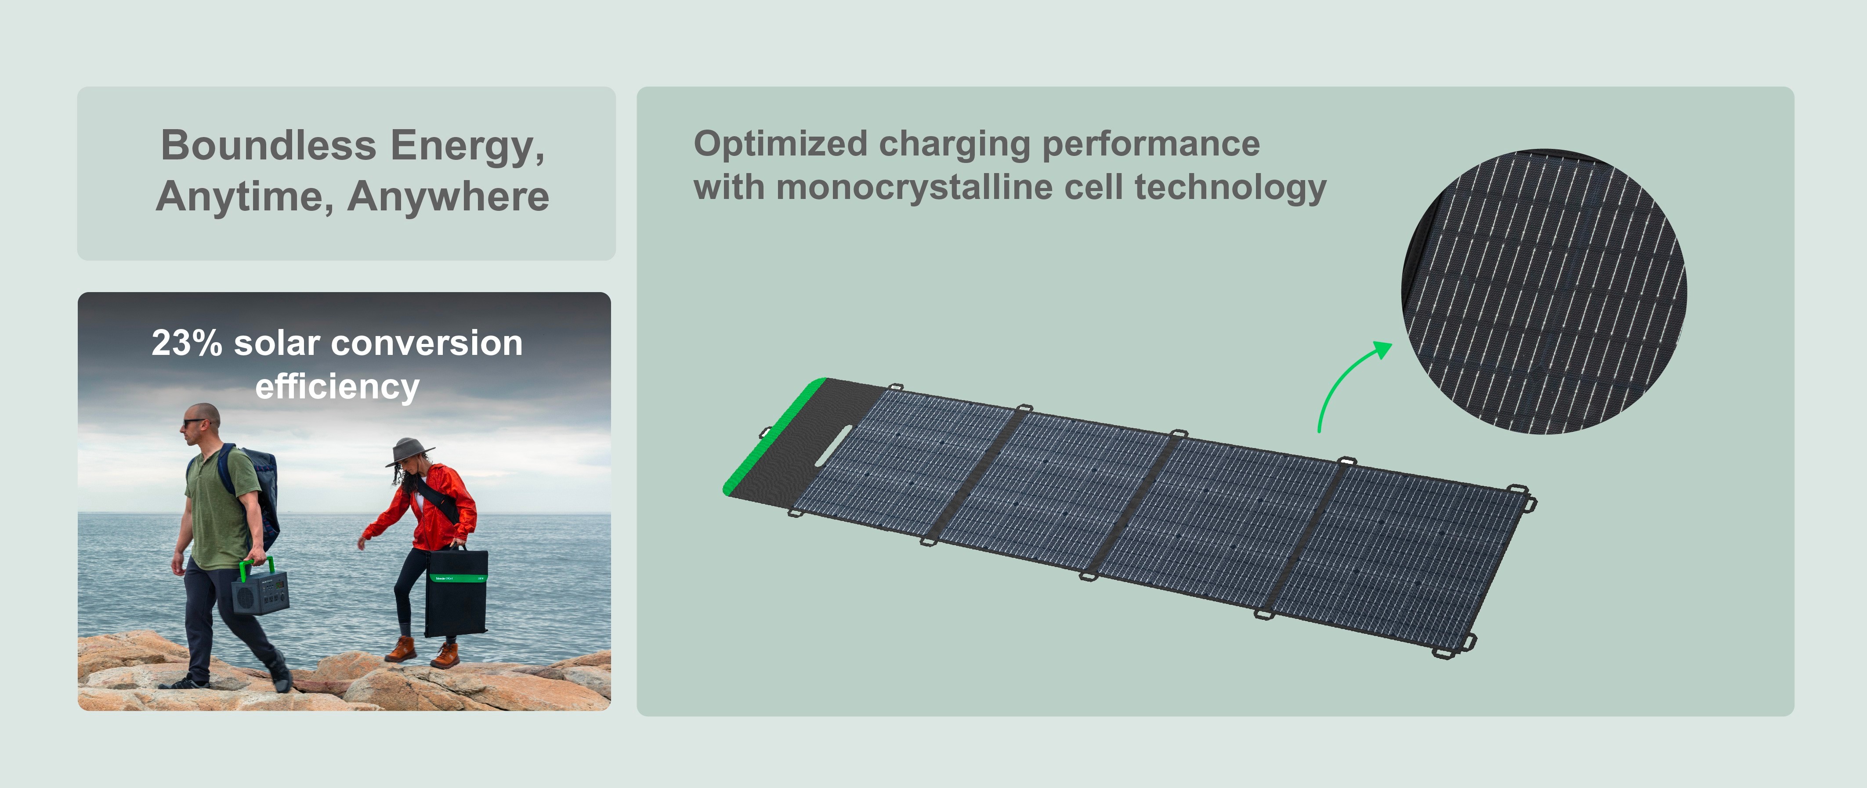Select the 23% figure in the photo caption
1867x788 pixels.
[x=186, y=343]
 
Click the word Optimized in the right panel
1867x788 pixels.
[x=781, y=144]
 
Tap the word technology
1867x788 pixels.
[x=1230, y=188]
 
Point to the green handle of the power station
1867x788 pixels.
[x=257, y=565]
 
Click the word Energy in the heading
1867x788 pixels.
[x=467, y=146]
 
